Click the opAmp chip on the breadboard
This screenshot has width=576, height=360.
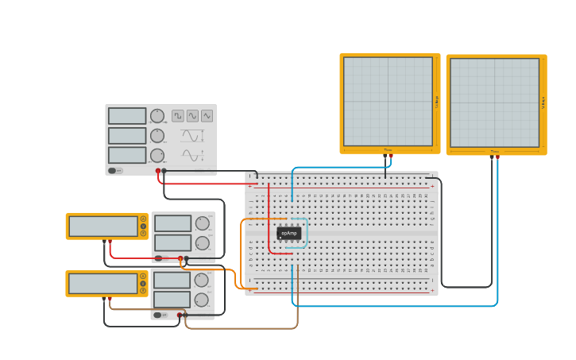(289, 233)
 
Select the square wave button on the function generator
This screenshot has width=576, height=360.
(178, 116)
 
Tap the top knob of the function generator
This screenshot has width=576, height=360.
(157, 116)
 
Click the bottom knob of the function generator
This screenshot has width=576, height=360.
(157, 155)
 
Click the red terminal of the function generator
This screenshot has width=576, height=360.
(158, 171)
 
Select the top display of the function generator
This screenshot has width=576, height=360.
(127, 116)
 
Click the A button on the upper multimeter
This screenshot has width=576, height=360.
(143, 219)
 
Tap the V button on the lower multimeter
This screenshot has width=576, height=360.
(143, 284)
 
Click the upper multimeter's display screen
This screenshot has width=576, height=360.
(103, 226)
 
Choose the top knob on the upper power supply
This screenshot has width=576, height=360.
(202, 223)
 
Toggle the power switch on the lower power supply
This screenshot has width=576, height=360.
(160, 315)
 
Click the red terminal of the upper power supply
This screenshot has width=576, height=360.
(180, 258)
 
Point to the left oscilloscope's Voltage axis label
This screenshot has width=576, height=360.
(436, 102)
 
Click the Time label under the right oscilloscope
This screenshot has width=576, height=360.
(494, 151)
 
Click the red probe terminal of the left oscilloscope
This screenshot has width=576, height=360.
(391, 156)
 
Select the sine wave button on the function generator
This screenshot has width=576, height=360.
(192, 116)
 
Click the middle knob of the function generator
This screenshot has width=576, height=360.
(157, 136)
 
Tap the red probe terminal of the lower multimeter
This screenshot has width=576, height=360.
(110, 298)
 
